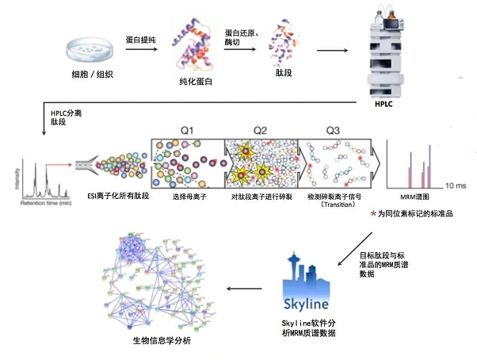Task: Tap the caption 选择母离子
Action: point(187,195)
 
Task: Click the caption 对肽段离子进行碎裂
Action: point(261,195)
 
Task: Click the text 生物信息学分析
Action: point(161,340)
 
